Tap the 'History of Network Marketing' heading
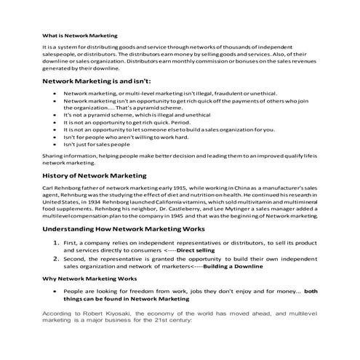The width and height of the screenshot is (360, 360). (x=95, y=175)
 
